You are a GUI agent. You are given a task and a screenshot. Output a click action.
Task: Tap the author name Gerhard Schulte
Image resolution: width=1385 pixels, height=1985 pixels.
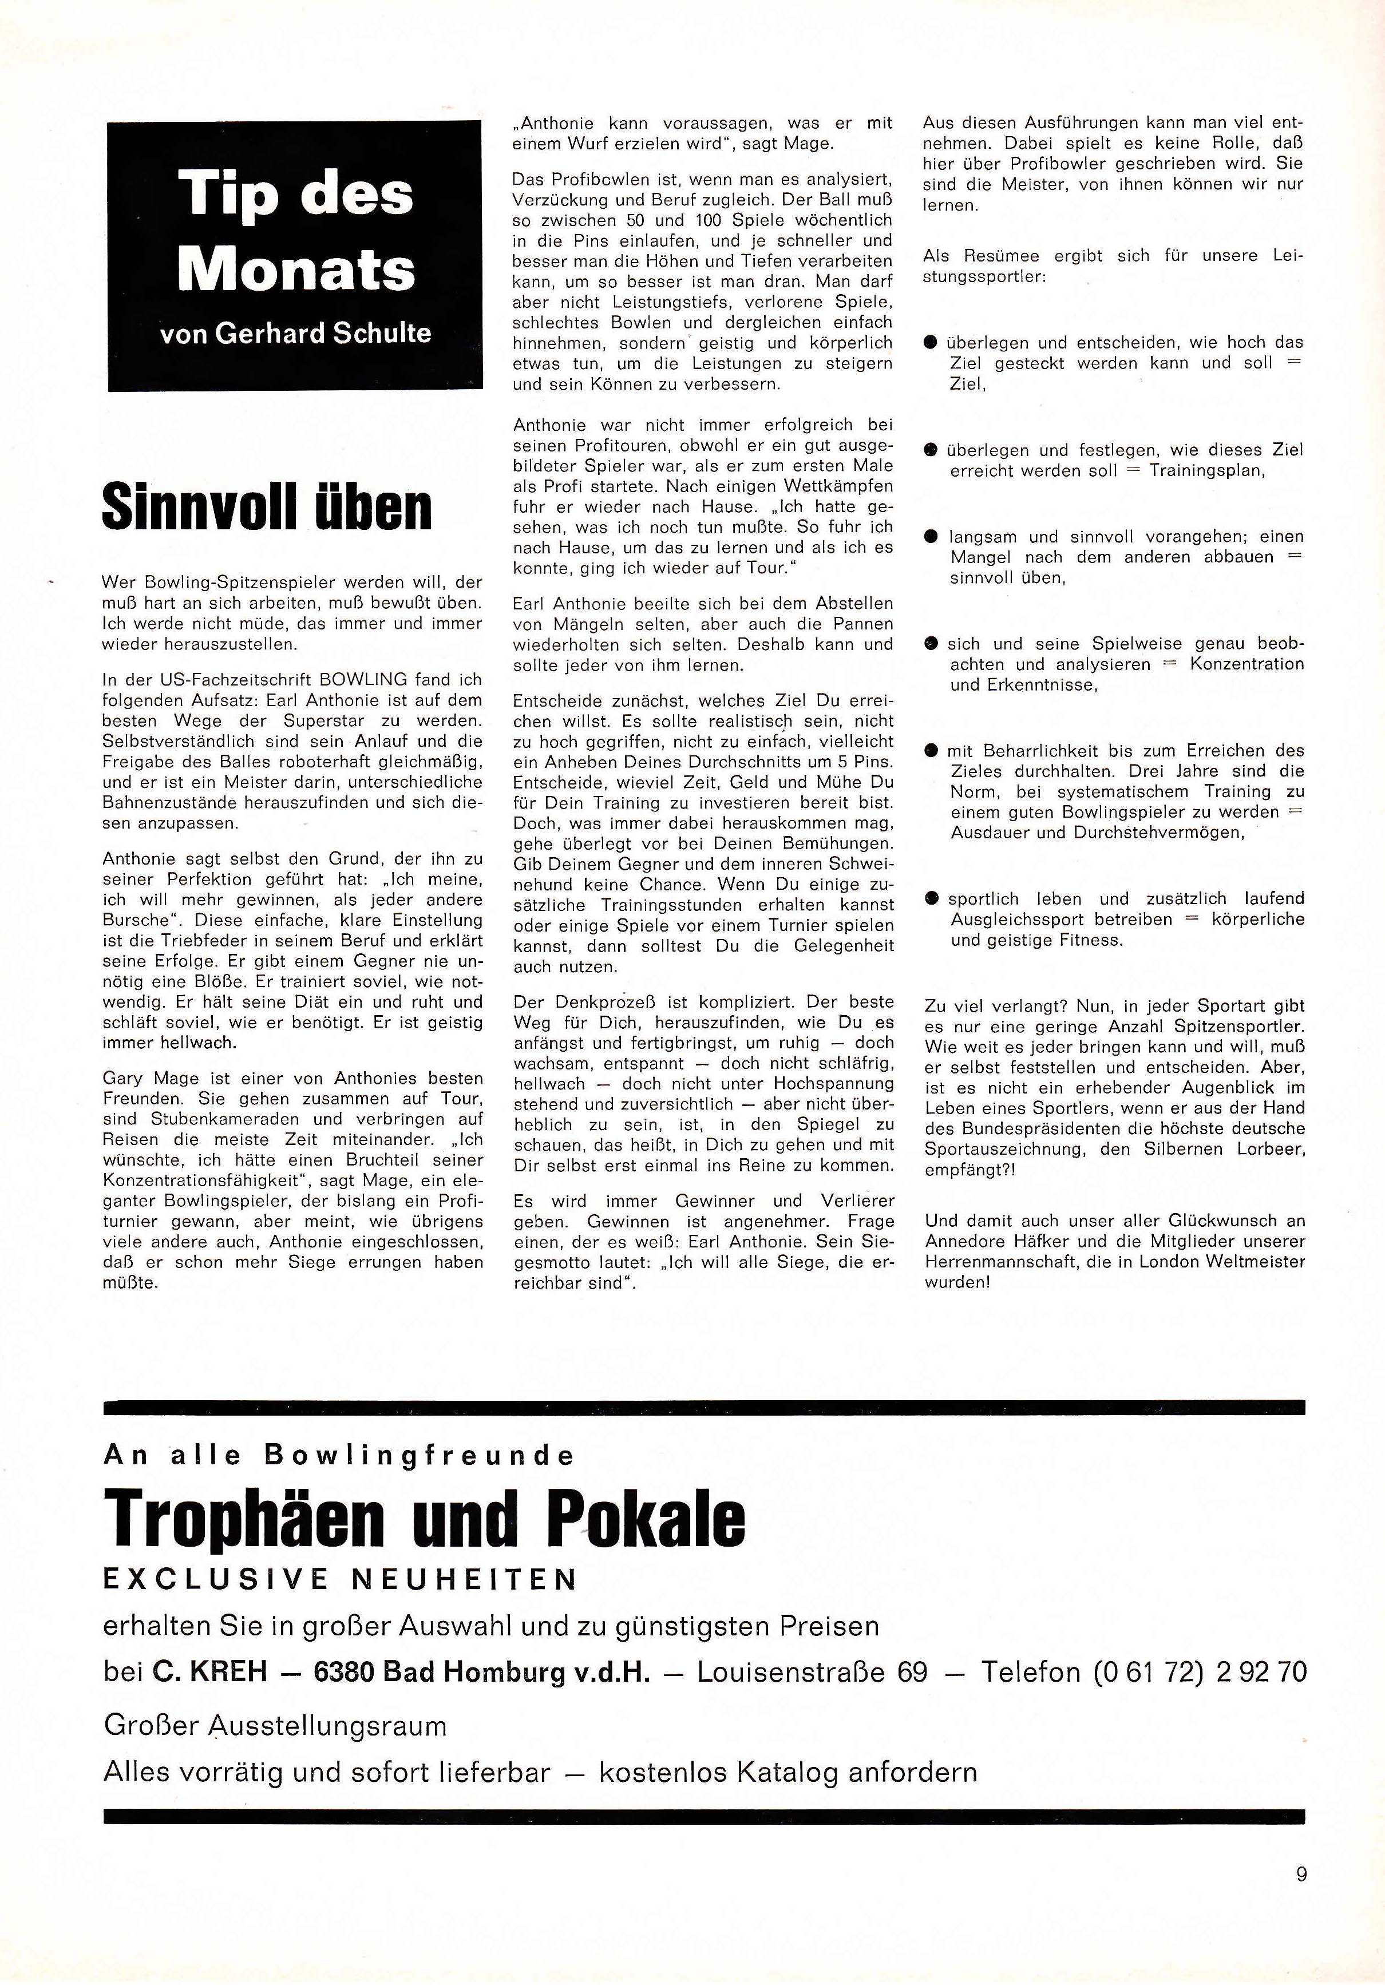pos(322,334)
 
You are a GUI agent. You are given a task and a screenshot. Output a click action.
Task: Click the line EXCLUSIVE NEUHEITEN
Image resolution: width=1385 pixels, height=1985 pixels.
pos(340,1579)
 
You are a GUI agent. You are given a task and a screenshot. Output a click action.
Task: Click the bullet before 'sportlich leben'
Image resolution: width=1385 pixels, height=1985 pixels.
pos(931,899)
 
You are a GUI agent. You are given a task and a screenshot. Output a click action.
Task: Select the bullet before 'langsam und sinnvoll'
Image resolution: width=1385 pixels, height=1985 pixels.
pos(931,537)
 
